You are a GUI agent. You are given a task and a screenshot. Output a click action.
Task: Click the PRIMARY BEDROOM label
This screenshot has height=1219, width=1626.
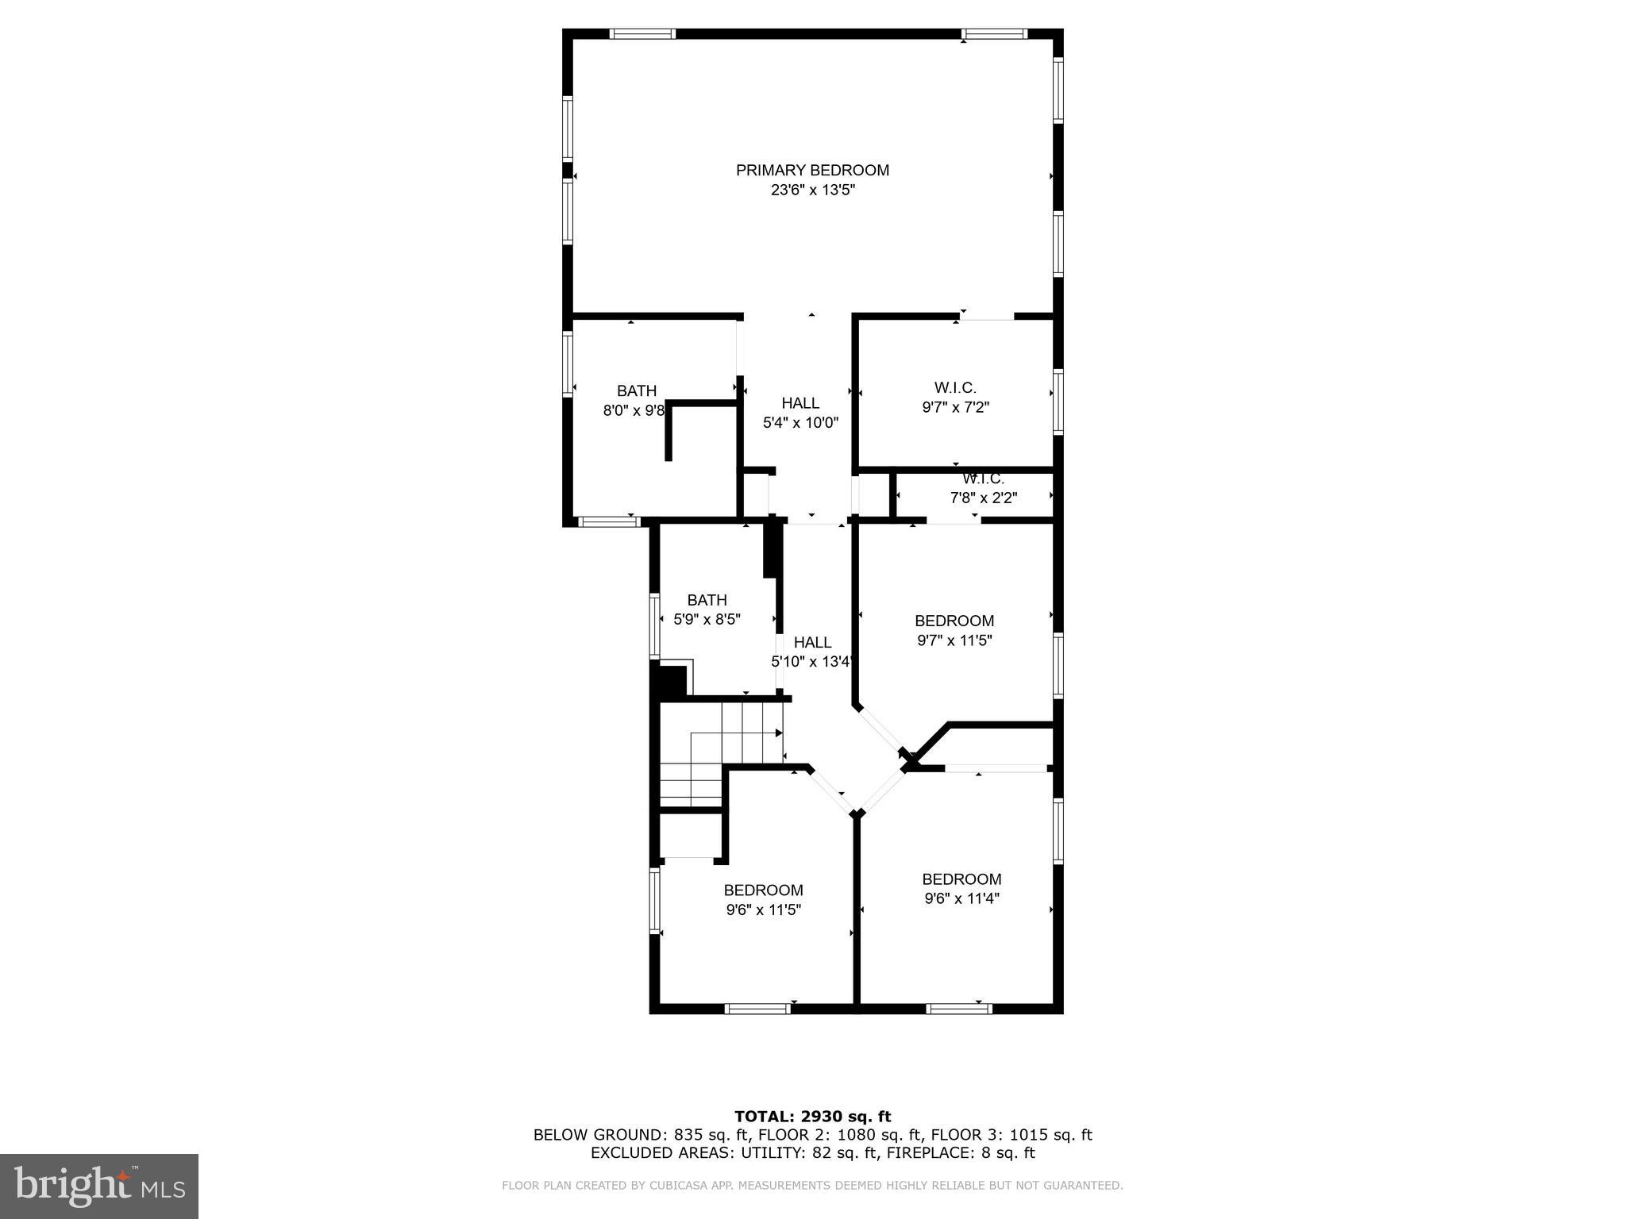point(812,170)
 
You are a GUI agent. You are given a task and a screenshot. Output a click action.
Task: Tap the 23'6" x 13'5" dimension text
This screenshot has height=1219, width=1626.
point(812,190)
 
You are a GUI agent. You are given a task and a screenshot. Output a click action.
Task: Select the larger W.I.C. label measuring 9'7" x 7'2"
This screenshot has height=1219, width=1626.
point(955,388)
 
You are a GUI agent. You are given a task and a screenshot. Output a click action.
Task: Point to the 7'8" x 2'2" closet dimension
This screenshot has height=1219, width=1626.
point(984,498)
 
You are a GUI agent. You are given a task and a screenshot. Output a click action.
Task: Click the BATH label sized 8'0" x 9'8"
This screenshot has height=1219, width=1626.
point(637,391)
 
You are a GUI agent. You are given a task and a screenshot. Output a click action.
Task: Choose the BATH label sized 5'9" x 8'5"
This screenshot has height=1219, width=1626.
point(707,600)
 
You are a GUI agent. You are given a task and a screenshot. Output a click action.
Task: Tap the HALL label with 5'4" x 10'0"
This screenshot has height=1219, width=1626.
point(800,403)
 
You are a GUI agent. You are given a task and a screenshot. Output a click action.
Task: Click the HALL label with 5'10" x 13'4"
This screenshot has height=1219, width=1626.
point(812,643)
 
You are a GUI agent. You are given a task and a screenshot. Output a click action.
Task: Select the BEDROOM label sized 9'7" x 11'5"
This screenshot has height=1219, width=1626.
point(954,621)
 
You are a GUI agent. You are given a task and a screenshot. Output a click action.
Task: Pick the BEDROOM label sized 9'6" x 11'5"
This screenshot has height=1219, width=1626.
point(763,890)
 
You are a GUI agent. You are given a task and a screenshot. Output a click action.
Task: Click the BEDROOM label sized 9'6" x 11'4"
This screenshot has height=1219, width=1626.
point(961,879)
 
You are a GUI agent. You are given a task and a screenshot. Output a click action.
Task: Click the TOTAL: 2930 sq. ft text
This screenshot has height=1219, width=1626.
point(812,1117)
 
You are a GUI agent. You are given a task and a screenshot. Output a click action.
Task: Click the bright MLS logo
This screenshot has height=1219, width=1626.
point(99,1186)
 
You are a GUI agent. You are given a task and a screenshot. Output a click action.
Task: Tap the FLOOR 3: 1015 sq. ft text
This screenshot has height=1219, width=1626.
point(1011,1135)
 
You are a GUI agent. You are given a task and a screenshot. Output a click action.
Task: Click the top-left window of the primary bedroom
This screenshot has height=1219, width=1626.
point(643,34)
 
